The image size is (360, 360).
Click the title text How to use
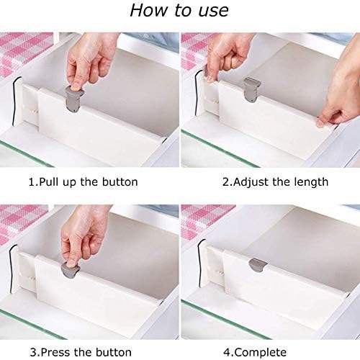179,10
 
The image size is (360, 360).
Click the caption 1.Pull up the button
84,182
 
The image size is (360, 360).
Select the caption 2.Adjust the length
275,182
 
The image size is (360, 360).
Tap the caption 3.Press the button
81,352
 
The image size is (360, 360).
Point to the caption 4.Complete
255,352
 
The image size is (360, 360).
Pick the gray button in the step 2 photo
252,89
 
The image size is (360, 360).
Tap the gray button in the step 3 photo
71,271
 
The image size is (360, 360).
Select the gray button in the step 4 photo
258,265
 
